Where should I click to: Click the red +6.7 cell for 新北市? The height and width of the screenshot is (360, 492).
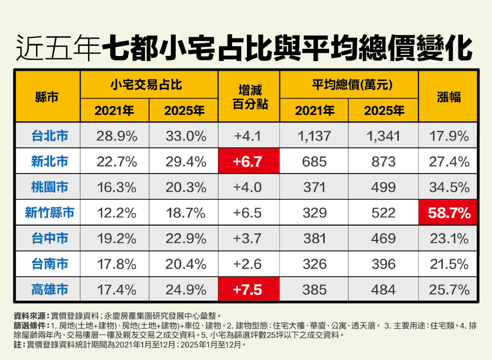point(249,161)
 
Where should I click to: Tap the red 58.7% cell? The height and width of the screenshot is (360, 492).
point(448,212)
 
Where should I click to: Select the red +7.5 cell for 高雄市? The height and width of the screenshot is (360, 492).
point(249,290)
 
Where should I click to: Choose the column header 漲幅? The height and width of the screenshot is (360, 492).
point(448,97)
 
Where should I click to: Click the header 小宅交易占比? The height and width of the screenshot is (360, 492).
point(149,85)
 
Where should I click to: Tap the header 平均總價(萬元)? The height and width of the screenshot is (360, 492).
point(349,85)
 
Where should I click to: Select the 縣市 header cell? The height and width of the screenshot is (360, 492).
point(48,97)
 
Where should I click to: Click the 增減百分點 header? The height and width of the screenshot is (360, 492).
point(249,97)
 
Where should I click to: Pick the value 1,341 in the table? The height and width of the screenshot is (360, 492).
point(383,136)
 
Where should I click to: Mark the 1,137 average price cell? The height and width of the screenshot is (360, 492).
point(314,136)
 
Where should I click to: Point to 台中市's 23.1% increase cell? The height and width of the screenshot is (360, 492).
point(448,239)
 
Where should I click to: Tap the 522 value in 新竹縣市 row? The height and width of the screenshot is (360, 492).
point(383,212)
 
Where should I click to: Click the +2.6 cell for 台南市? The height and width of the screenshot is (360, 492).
point(249,264)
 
